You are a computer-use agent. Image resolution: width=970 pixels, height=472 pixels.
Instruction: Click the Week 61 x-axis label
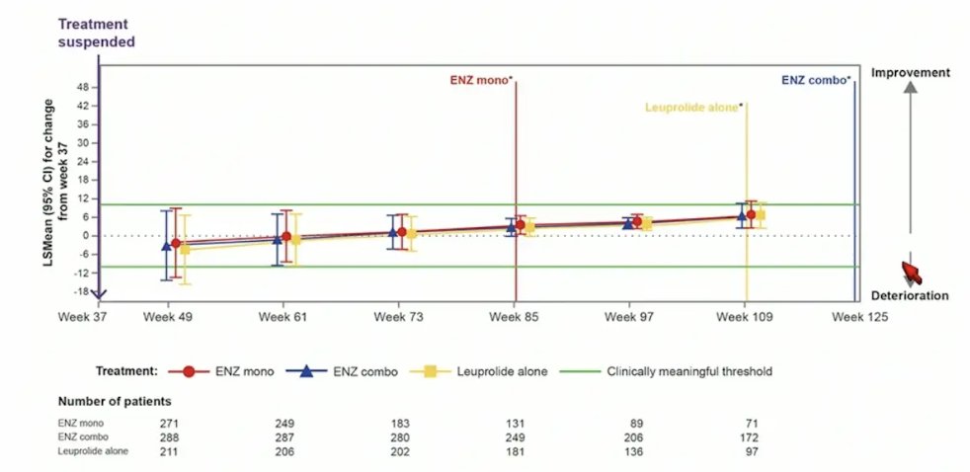pos(283,317)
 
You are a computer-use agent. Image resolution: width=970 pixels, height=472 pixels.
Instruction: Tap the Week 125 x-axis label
pos(859,317)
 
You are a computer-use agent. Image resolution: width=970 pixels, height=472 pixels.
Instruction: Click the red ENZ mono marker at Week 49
pos(176,243)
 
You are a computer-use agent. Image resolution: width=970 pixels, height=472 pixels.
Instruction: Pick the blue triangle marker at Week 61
pos(278,239)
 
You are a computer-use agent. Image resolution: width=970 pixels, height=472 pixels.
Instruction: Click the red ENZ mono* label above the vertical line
pos(481,79)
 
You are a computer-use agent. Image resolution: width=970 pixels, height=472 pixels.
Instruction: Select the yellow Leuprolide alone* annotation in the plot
pos(692,107)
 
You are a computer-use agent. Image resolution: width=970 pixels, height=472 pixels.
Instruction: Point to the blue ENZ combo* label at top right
pos(815,80)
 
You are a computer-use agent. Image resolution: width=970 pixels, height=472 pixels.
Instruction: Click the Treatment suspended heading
pos(96,34)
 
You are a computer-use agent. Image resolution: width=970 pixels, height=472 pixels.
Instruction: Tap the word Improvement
pos(910,73)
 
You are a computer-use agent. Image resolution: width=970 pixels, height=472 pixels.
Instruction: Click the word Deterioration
pos(910,295)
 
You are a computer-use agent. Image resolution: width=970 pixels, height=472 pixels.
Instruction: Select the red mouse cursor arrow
pos(912,273)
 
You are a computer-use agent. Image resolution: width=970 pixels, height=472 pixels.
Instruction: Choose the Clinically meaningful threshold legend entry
pos(666,372)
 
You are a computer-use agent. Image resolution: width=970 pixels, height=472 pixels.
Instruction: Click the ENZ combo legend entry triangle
pos(306,371)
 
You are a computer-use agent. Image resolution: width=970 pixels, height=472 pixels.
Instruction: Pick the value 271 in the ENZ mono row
pos(170,424)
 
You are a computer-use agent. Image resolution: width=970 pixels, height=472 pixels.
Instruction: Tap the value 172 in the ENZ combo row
pos(750,437)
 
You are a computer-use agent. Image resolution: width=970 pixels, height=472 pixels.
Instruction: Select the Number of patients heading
pos(115,402)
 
